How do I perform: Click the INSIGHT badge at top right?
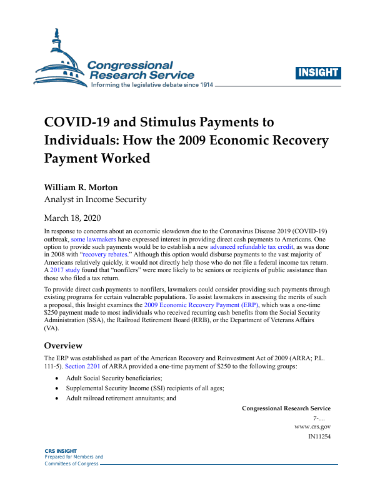317,72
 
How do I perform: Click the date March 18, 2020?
72,218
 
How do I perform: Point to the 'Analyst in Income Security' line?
95,200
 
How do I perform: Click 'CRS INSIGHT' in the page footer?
61,451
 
